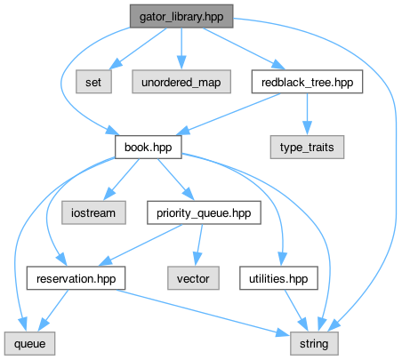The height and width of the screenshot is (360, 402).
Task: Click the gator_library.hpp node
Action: coord(181,16)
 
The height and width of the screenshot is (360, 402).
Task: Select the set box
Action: coord(93,82)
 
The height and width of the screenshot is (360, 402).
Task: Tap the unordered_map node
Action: coord(181,82)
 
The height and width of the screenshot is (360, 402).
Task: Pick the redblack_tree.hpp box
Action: coord(307,82)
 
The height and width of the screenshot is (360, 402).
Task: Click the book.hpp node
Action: coord(149,148)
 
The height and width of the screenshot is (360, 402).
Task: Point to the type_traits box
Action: coord(307,148)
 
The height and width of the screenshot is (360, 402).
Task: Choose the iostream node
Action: coord(93,212)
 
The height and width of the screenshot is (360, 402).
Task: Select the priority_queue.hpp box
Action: coord(204,212)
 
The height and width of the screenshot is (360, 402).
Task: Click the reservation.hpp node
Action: coord(76,278)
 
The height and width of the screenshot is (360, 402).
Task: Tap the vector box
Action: coord(193,278)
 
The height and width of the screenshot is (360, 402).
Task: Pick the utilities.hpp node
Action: coord(278,278)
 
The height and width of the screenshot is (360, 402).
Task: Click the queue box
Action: coord(29,344)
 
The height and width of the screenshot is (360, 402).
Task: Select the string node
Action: coord(314,344)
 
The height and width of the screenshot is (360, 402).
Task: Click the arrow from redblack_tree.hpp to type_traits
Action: coord(307,115)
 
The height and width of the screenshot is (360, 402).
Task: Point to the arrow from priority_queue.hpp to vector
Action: coord(198,245)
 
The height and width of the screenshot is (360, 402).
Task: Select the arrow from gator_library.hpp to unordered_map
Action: coord(181,49)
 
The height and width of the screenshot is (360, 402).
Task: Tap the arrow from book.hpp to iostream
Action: coord(122,180)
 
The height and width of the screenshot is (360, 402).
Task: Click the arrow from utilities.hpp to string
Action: coord(296,311)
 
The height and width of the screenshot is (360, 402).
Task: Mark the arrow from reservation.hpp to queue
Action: coord(53,310)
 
